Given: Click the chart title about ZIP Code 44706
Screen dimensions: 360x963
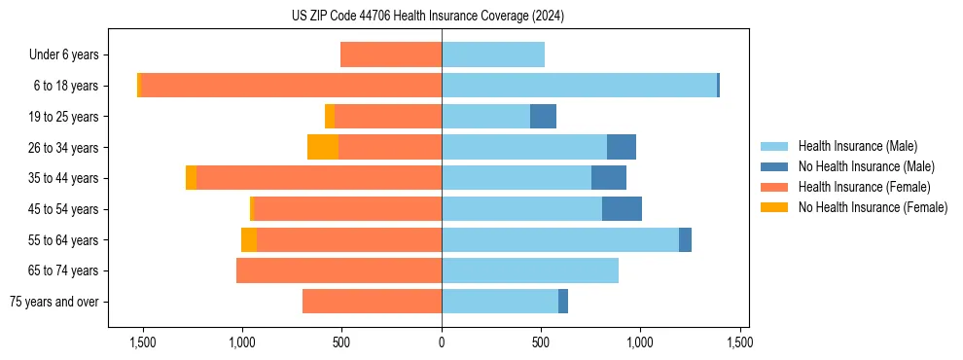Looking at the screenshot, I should (428, 17).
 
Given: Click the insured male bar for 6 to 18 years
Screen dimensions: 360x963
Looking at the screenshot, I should (579, 86).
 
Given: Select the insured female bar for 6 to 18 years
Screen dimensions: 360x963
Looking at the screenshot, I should (292, 86).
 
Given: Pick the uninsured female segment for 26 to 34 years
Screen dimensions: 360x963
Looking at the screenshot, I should (323, 147).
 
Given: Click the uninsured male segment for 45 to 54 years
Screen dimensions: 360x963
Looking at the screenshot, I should (622, 209).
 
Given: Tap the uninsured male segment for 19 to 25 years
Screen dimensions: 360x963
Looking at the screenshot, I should (543, 117).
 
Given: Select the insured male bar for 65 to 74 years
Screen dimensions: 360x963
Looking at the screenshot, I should (530, 270).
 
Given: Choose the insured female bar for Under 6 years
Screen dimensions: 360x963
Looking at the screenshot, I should (391, 54).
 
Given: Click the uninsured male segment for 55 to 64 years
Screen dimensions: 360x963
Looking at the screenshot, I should (685, 239).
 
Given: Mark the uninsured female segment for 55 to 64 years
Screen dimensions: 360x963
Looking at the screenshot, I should (249, 239).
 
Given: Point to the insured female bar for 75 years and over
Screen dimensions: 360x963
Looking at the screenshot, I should (372, 302).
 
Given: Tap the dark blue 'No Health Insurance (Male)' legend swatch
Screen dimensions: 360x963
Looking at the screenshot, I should (774, 166).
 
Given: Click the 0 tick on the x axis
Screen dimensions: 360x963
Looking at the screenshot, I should (442, 342).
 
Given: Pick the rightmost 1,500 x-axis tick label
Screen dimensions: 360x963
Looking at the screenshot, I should (739, 342).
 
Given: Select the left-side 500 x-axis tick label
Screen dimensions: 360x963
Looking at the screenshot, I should (341, 342).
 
